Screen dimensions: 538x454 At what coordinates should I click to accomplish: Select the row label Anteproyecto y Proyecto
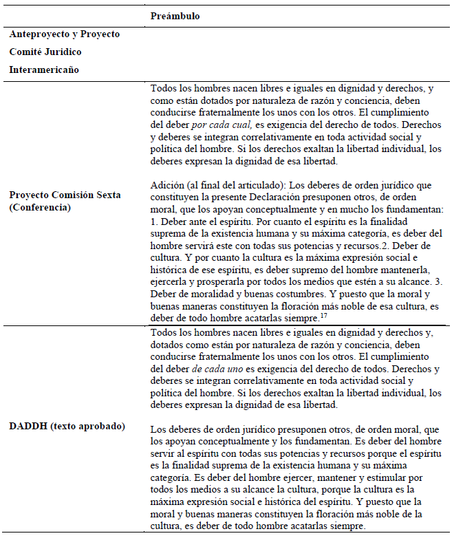pos(65,34)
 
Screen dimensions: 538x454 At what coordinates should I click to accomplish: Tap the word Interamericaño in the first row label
pos(44,69)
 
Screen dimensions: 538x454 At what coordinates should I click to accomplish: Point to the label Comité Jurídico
pos(45,52)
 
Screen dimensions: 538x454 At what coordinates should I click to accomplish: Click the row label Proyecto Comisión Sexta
pos(65,195)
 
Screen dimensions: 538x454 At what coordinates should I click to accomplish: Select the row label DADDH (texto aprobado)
pos(67,426)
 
